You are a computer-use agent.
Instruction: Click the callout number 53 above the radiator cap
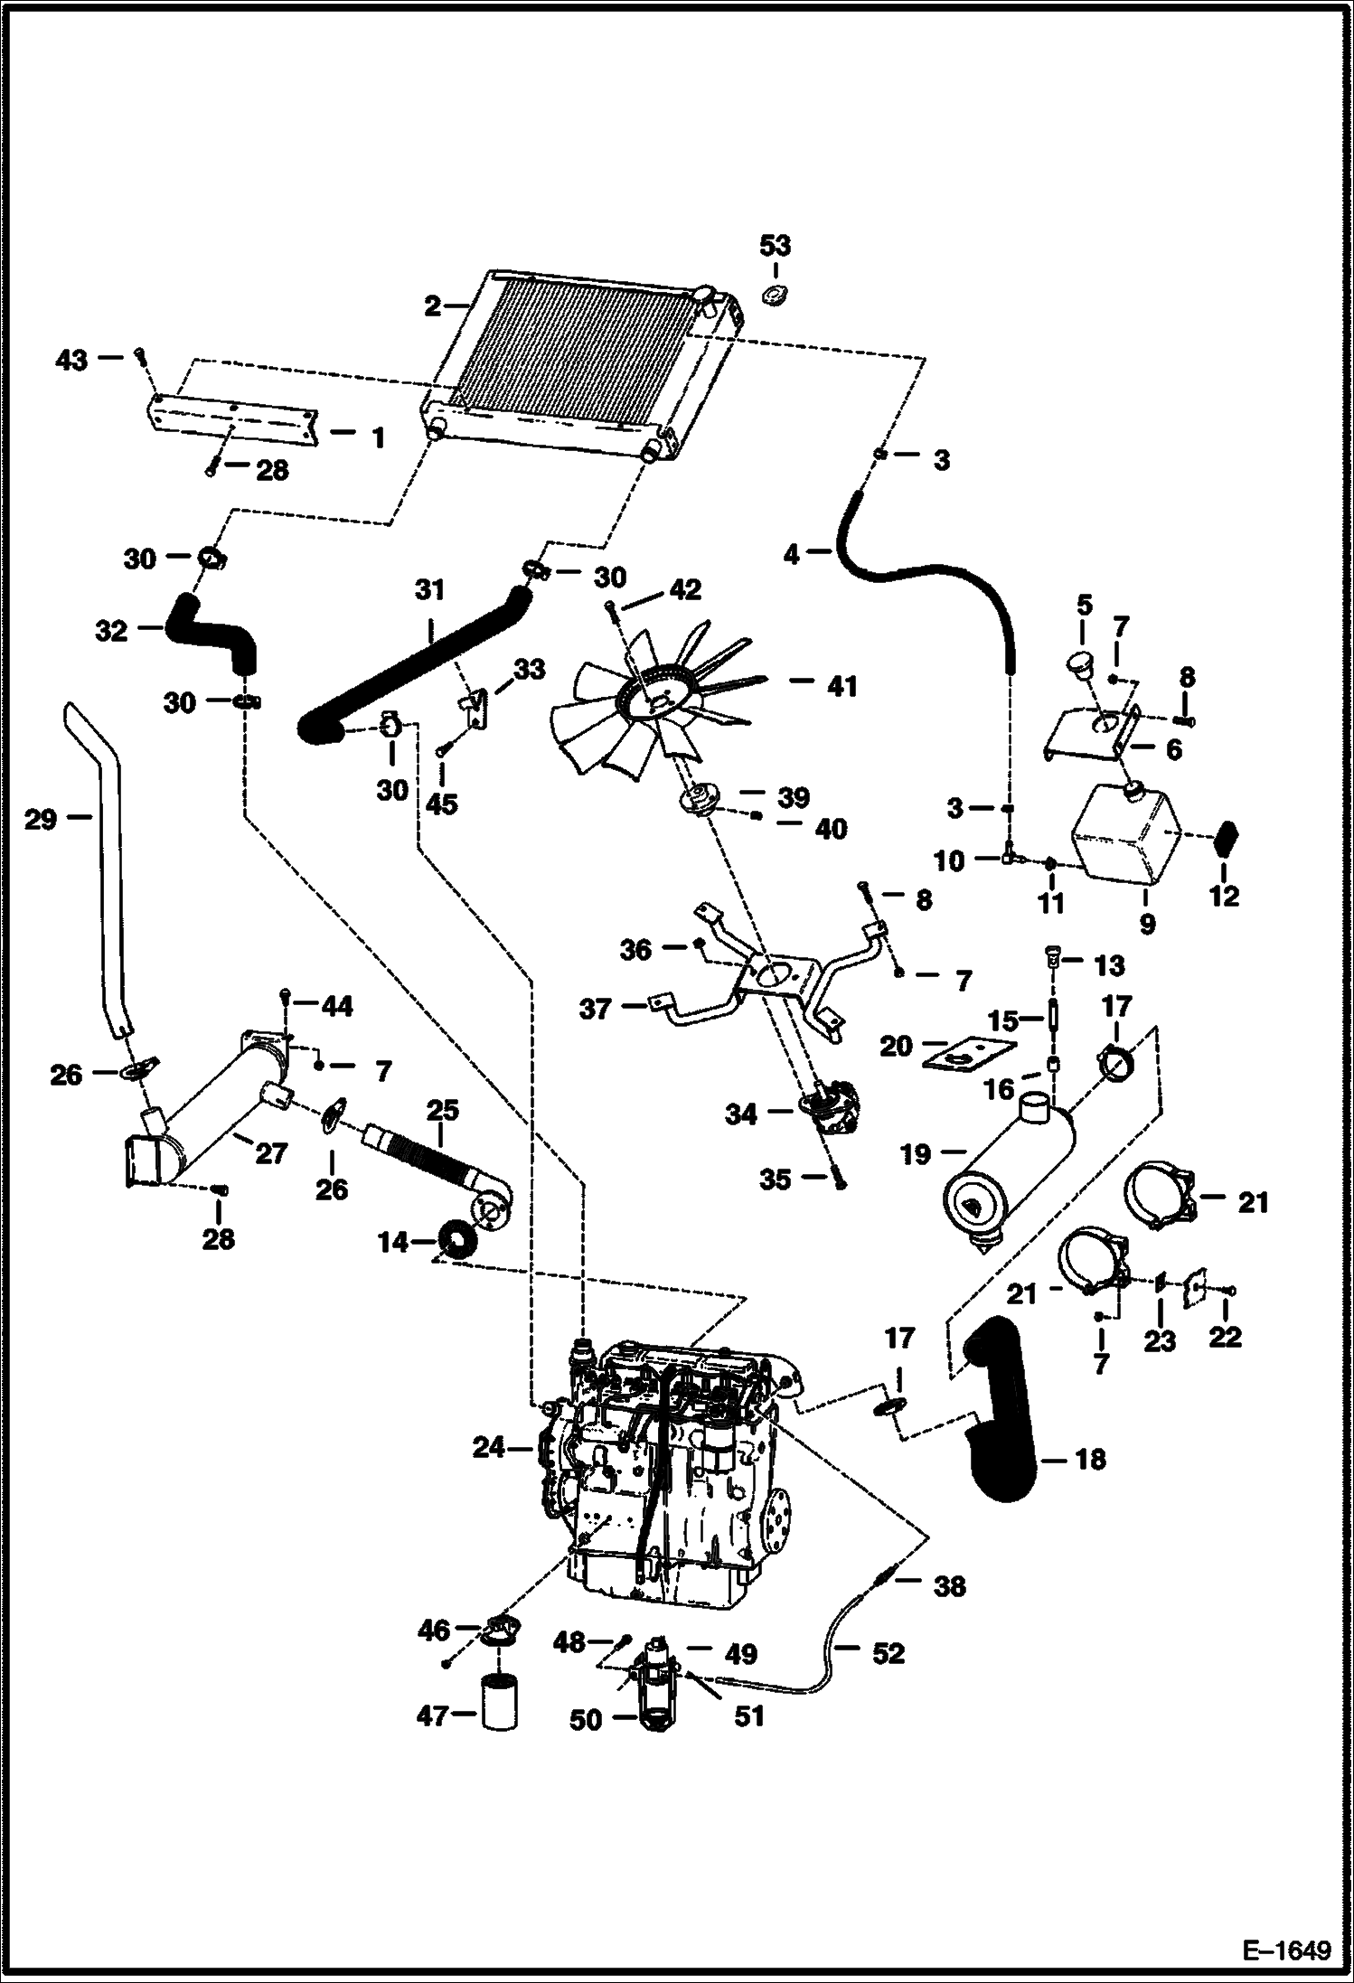[x=775, y=245]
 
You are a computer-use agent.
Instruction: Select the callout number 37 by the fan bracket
[x=596, y=1008]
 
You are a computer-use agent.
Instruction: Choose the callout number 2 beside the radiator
[x=433, y=306]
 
